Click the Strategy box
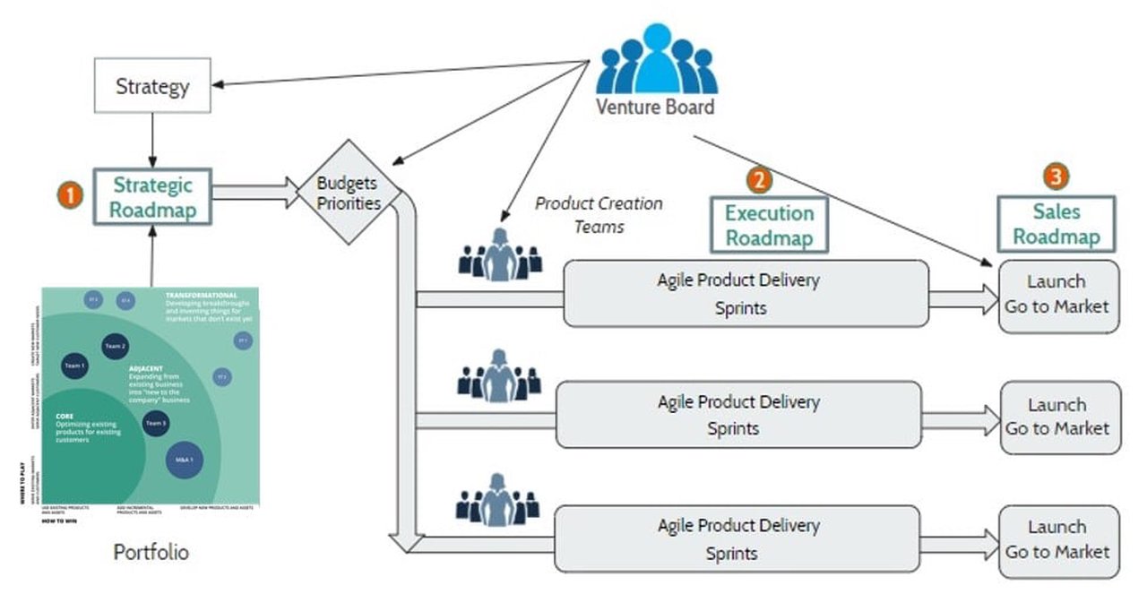(152, 86)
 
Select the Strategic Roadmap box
(151, 197)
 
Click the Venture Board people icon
(656, 60)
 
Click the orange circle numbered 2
(759, 179)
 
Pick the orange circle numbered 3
(1057, 176)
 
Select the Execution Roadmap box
(769, 225)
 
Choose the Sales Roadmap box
(1057, 224)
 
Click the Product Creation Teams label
(599, 214)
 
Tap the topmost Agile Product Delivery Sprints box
(746, 293)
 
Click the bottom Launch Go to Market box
(1057, 539)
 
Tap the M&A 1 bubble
(184, 460)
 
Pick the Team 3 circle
(156, 423)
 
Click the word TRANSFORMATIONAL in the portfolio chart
(201, 295)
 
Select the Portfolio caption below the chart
(151, 552)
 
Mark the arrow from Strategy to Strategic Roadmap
(152, 140)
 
